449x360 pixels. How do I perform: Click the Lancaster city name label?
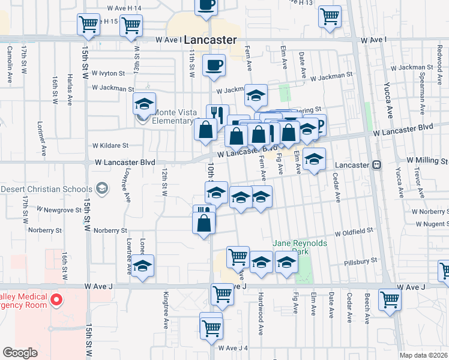pos(209,40)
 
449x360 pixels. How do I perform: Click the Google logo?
pos(20,353)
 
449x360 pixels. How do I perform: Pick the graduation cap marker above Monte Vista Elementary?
pos(144,103)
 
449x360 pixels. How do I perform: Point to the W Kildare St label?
pos(110,145)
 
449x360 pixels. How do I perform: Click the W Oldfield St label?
pos(354,230)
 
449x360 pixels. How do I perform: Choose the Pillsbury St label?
pos(361,261)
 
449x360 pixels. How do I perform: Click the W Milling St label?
pos(427,161)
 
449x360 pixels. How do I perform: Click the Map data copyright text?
pos(424,355)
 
